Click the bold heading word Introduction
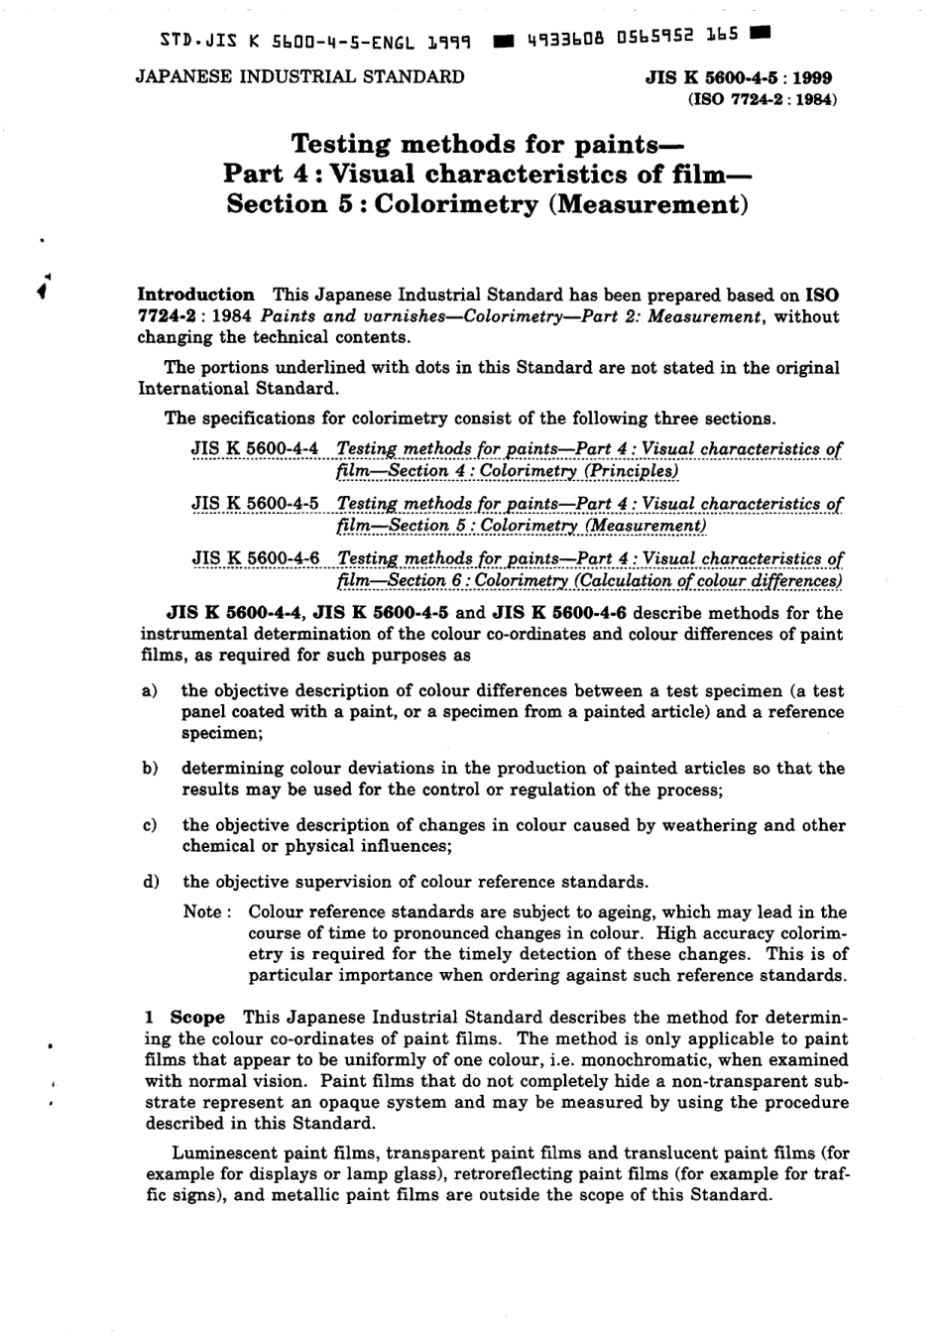coord(195,295)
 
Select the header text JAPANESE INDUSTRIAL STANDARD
coord(299,76)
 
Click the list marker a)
coord(149,690)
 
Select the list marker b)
coord(150,768)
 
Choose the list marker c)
coord(149,825)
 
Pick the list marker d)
coord(150,882)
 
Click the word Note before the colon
coord(203,912)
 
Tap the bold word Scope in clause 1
coord(197,1018)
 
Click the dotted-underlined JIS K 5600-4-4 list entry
coord(255,449)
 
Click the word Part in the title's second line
coord(252,175)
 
